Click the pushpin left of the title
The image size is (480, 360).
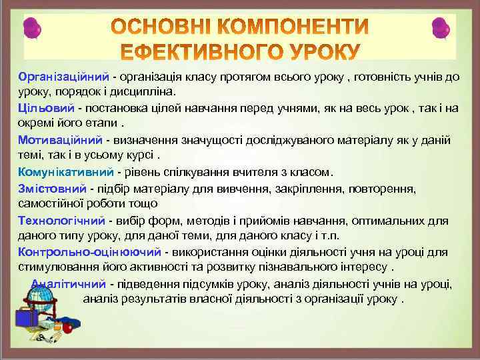point(33,29)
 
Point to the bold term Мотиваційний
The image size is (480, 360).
point(59,140)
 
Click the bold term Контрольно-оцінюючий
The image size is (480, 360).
point(89,252)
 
